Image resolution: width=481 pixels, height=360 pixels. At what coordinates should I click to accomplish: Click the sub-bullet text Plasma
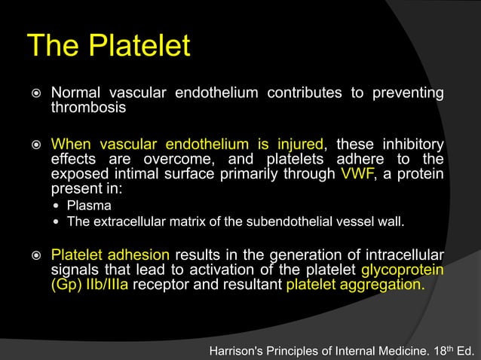coord(89,205)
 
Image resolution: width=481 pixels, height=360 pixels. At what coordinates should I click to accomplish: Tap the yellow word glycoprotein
coord(402,270)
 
